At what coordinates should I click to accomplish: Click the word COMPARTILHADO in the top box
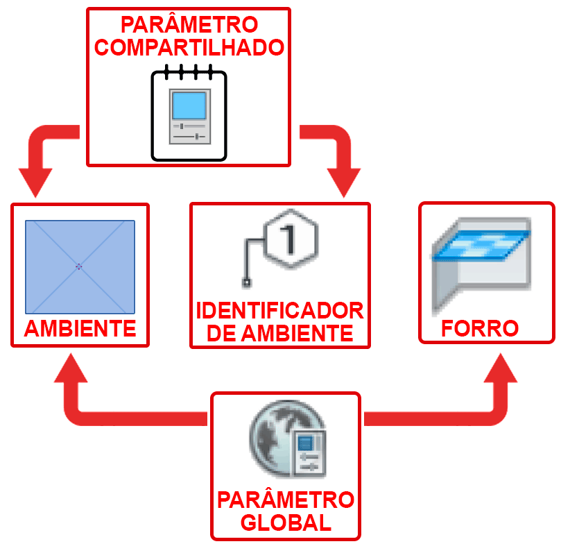[189, 48]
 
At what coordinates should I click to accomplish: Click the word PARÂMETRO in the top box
[189, 25]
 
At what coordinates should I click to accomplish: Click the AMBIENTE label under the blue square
[80, 328]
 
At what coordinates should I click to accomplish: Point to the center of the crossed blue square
[80, 266]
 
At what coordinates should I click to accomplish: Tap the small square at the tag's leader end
[245, 282]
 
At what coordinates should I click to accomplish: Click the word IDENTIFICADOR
[279, 310]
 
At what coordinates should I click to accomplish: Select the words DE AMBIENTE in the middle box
[279, 332]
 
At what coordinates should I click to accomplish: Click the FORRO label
[480, 327]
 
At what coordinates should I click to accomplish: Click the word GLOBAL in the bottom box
[286, 522]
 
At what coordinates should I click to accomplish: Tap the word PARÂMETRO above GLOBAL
[286, 500]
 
